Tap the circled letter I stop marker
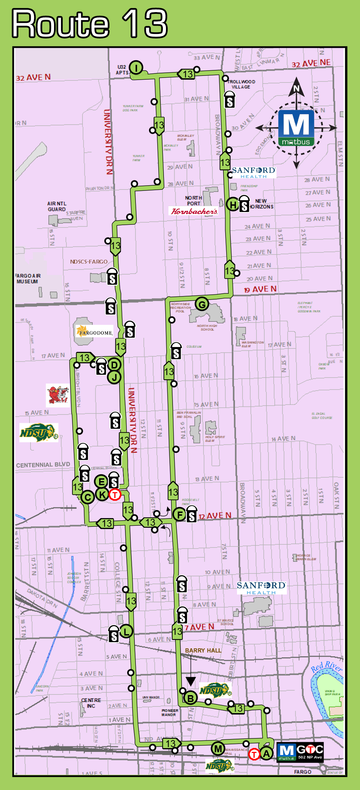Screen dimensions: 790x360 pos(136,68)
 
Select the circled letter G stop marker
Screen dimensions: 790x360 pos(202,304)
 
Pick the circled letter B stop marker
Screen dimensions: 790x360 pos(190,698)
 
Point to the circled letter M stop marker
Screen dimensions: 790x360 pos(218,748)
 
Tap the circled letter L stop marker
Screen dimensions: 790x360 pos(126,631)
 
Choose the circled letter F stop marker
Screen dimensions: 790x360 pos(180,515)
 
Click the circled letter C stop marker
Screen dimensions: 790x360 pos(87,497)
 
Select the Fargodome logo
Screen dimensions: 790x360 pos(95,331)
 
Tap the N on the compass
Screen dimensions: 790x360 pos(296,88)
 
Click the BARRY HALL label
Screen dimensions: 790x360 pos(203,650)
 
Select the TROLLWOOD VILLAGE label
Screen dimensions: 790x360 pos(241,84)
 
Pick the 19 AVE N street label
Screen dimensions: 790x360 pos(260,289)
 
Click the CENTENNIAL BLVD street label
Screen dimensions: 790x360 pos(43,464)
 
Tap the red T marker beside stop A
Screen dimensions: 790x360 pos(254,754)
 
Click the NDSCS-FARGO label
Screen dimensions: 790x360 pos(89,261)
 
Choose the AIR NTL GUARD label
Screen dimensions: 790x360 pos(57,206)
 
